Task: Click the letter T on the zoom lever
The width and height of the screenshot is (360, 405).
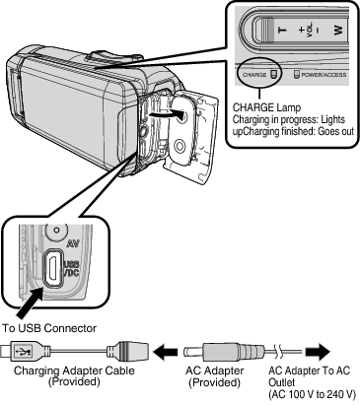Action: [282, 31]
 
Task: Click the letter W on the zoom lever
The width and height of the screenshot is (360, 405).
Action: [338, 31]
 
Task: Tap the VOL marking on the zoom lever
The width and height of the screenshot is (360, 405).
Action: [310, 30]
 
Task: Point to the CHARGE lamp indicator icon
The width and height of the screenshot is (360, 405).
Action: [274, 74]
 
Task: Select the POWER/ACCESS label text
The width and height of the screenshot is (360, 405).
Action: [324, 75]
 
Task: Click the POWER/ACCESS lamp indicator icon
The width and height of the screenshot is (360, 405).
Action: [297, 74]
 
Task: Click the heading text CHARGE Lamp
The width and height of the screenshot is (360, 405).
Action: [266, 107]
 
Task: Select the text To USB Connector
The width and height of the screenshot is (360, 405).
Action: [49, 328]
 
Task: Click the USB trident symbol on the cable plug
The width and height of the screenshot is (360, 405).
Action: [24, 352]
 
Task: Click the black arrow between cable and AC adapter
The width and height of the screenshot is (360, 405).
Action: [166, 352]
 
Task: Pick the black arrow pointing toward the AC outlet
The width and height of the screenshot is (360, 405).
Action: [318, 352]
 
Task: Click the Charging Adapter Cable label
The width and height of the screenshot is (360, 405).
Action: [74, 371]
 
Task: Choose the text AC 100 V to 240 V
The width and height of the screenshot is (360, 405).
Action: [313, 394]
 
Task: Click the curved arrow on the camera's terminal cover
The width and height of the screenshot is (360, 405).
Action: [166, 114]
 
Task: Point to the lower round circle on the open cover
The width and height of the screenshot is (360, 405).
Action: [180, 145]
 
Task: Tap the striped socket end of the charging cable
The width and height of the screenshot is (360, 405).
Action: [127, 352]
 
